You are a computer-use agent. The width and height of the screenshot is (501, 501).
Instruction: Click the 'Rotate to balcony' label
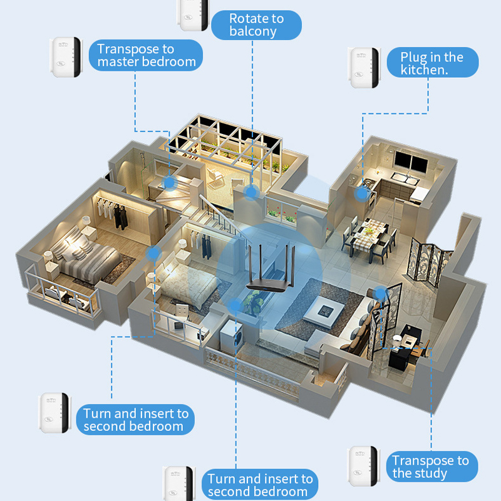(x=256, y=25)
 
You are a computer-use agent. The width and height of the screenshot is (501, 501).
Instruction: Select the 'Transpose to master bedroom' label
(x=147, y=55)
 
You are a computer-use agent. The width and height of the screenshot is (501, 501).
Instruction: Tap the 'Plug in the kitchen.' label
(x=432, y=63)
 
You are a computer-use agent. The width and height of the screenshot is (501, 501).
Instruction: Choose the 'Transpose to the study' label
(x=430, y=467)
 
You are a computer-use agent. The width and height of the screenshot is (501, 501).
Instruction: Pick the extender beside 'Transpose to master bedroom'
(x=66, y=57)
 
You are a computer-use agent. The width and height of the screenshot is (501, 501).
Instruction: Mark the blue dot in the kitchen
(x=361, y=194)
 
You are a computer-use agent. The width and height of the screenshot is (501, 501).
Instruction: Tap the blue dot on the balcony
(x=252, y=192)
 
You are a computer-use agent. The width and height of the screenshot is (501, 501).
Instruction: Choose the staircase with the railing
(x=219, y=216)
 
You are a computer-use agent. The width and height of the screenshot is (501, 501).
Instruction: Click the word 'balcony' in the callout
(x=252, y=32)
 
